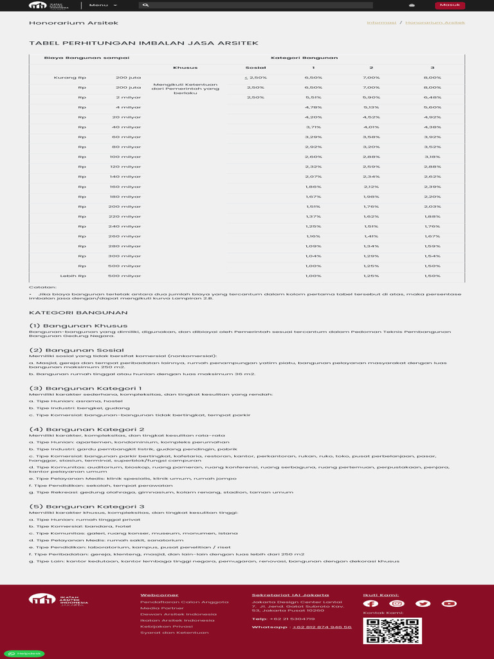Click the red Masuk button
pos(450,5)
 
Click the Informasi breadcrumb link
pos(381,23)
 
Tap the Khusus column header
pos(185,68)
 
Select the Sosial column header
pos(255,68)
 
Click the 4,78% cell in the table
pos(313,107)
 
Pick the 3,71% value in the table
pos(313,127)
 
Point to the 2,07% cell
pos(313,176)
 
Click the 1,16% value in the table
pos(313,236)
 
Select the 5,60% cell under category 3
pos(432,107)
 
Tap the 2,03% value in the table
pos(432,206)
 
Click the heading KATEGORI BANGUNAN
pos(69,312)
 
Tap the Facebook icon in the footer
pos(370,603)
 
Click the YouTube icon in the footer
pos(450,603)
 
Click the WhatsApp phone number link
pos(322,627)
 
